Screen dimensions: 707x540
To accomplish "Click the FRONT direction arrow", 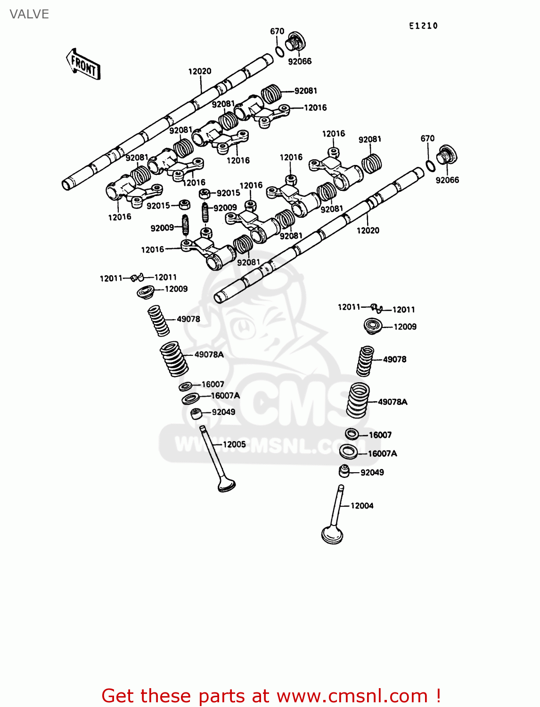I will (x=83, y=64).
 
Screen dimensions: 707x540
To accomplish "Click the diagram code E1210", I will (x=423, y=26).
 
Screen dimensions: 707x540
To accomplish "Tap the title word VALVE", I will (x=29, y=14).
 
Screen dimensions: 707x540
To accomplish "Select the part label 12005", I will (x=234, y=444).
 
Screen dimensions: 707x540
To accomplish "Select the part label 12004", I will (x=362, y=506).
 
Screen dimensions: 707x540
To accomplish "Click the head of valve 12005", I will (x=227, y=485).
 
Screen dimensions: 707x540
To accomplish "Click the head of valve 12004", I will (x=332, y=536).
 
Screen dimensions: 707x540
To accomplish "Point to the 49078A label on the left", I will (x=209, y=354).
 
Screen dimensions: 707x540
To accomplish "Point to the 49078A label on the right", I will (x=393, y=402).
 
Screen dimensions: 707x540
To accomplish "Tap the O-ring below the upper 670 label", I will (x=279, y=50).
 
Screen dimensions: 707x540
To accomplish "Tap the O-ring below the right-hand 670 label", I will (x=430, y=165).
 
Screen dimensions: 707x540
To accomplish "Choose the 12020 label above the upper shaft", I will (x=200, y=71).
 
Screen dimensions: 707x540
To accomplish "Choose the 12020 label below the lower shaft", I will (x=368, y=230).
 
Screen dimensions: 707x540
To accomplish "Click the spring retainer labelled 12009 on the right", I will (x=373, y=326).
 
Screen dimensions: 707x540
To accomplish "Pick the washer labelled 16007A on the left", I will (x=190, y=399).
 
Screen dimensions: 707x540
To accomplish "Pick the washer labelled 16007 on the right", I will (x=352, y=434).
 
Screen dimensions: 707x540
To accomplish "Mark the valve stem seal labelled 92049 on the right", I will (x=344, y=470).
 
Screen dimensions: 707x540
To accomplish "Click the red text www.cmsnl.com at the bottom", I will (x=352, y=696).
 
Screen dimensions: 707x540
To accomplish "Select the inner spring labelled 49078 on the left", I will (x=158, y=321).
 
